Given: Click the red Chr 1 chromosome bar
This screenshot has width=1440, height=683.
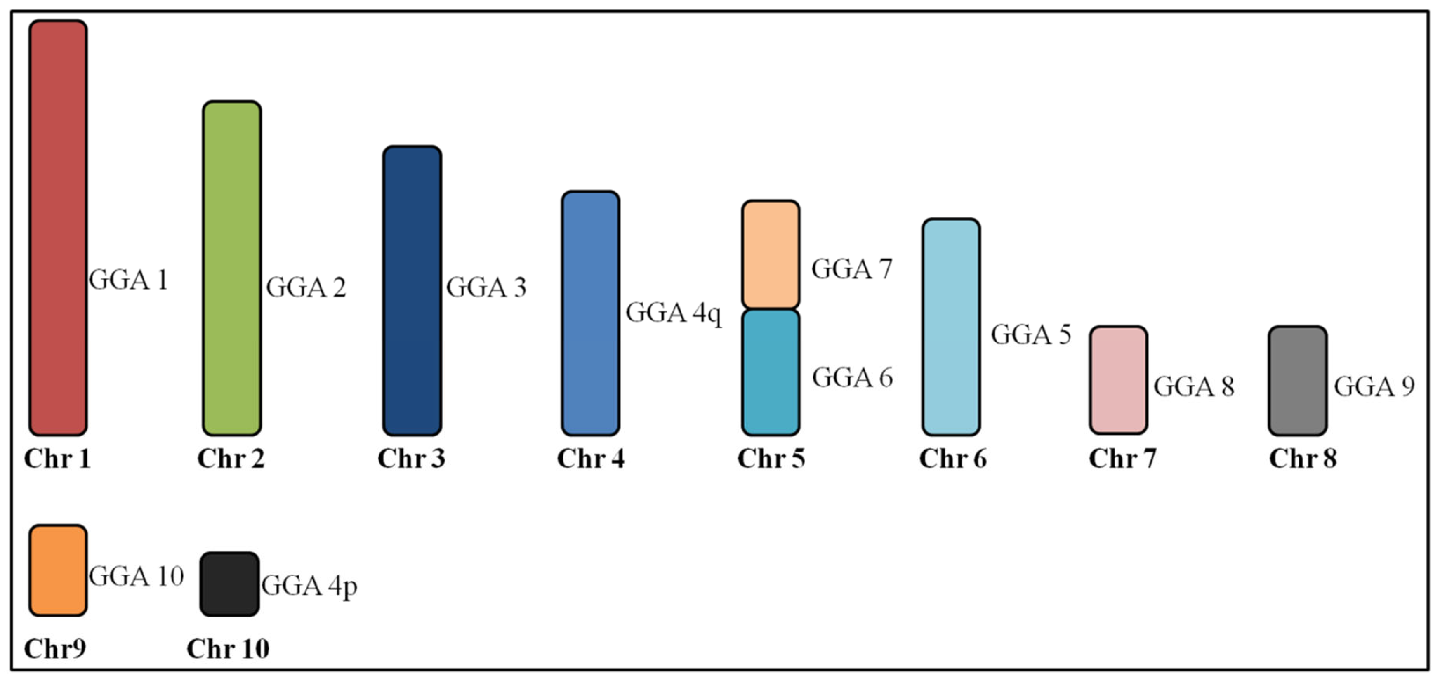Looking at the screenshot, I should (58, 228).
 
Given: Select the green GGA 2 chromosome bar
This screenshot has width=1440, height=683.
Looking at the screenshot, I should (231, 268).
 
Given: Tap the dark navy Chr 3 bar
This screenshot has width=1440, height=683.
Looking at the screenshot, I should (412, 291).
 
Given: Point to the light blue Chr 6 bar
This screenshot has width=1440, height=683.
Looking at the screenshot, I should (951, 327).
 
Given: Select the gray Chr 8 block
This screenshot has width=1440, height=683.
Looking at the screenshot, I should (1297, 381).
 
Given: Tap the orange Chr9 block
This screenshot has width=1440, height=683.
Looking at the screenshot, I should (58, 570).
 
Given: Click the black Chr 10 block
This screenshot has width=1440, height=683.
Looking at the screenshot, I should (230, 584).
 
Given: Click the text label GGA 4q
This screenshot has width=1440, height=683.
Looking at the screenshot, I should (674, 313).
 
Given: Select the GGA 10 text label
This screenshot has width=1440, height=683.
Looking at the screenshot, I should (137, 576).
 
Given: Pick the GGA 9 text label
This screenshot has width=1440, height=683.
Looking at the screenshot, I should (1374, 386).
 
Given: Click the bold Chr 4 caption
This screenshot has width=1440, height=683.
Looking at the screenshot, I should (591, 459).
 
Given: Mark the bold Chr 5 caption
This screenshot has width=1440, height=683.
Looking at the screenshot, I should (771, 459).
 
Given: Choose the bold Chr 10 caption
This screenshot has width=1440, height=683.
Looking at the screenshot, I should (228, 649).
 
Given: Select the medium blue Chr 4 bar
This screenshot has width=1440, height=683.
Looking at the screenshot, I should (591, 313).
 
